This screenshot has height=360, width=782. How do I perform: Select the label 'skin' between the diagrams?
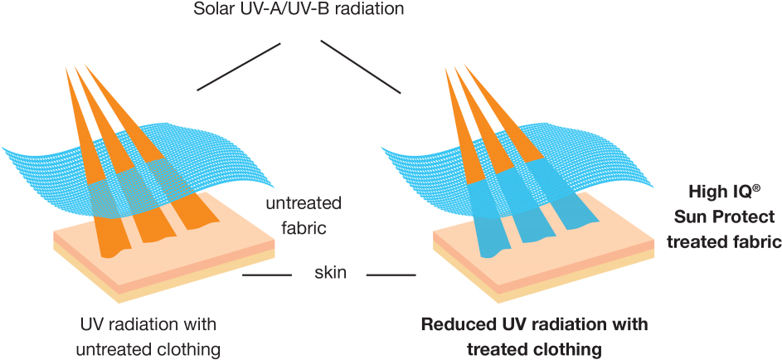[x=330, y=273]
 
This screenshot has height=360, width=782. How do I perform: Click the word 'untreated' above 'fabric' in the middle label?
[x=304, y=203]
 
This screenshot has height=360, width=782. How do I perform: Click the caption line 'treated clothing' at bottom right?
[x=533, y=348]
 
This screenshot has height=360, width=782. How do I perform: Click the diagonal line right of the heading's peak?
[x=361, y=65]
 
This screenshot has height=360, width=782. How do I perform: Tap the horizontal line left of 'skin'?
[x=268, y=274]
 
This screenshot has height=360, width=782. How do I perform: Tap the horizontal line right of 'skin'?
[x=391, y=274]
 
